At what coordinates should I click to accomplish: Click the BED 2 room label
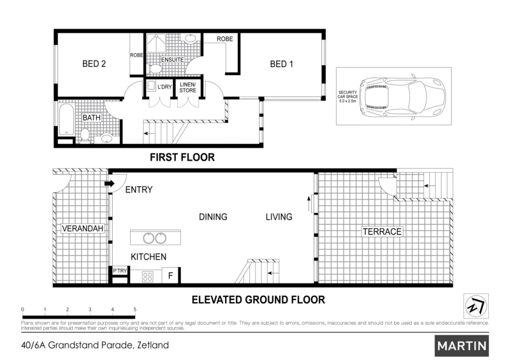coord(94,64)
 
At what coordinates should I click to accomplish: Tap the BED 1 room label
coord(281,64)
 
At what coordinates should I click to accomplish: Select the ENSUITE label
coord(172,60)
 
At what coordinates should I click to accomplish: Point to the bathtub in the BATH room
coord(66,119)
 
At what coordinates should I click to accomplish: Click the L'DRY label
coord(164,87)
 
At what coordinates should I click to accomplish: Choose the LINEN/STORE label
coord(187,87)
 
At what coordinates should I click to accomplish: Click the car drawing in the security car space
coord(402,96)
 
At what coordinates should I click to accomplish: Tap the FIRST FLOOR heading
coord(182,157)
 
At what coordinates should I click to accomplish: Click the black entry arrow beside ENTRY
coord(110,184)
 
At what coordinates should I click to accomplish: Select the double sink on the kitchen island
coord(155,238)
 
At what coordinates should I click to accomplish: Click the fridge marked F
coord(170,275)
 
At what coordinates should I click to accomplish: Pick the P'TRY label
coord(120,271)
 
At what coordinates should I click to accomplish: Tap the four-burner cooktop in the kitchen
coord(147,277)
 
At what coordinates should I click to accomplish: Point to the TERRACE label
coord(382,231)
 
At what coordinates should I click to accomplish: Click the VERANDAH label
coord(82,229)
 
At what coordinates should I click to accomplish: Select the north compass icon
coord(476,306)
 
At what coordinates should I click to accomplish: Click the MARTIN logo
coord(462,346)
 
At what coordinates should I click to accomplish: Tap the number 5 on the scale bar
coord(135,310)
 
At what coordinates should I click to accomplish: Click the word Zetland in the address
coord(153,345)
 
